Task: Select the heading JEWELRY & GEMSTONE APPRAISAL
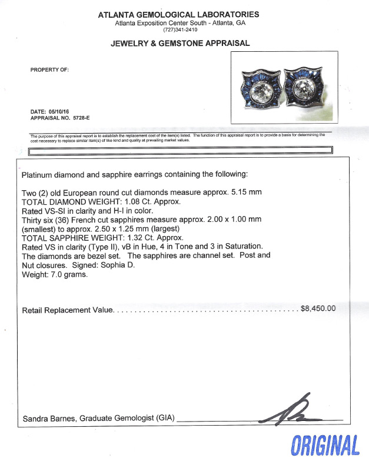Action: (x=180, y=43)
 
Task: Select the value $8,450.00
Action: (x=318, y=308)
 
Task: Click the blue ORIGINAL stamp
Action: (x=325, y=446)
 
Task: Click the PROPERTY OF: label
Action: (x=49, y=69)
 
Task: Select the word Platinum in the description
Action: (x=39, y=175)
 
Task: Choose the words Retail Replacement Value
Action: (x=67, y=310)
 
